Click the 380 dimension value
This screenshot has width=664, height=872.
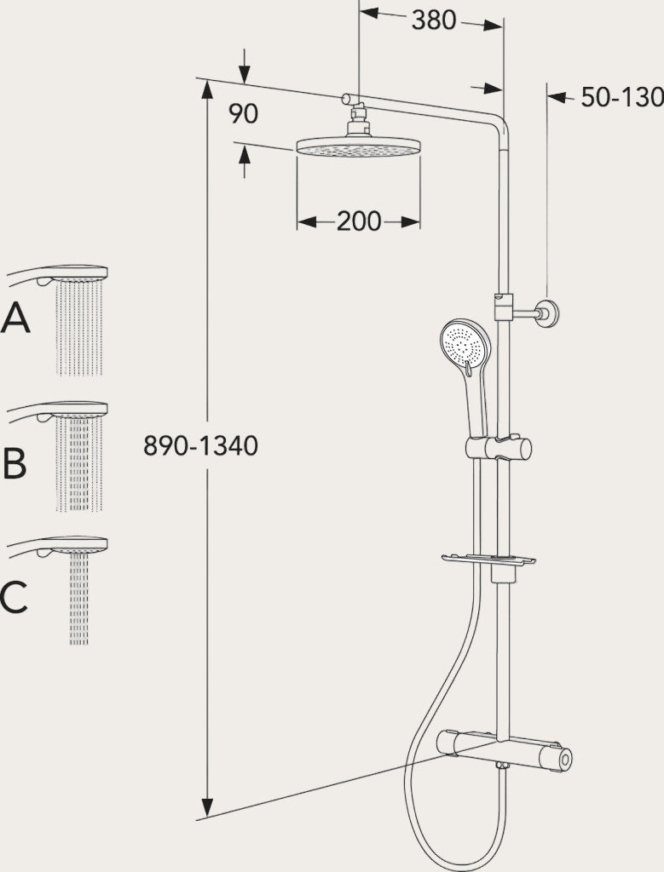coord(434,20)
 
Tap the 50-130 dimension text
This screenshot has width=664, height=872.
coord(622,97)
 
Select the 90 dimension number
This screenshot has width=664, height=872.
coord(243,114)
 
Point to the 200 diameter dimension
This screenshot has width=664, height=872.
coord(359,222)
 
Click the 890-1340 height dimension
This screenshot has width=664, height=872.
coord(200,445)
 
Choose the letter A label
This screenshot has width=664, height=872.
coord(15,318)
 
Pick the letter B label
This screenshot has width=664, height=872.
coord(15,464)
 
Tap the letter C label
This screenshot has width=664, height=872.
coord(14,597)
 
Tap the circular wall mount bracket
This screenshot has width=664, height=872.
coord(547,313)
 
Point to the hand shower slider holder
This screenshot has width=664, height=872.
coord(499,448)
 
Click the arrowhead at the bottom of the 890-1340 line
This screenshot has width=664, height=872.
coord(207,807)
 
